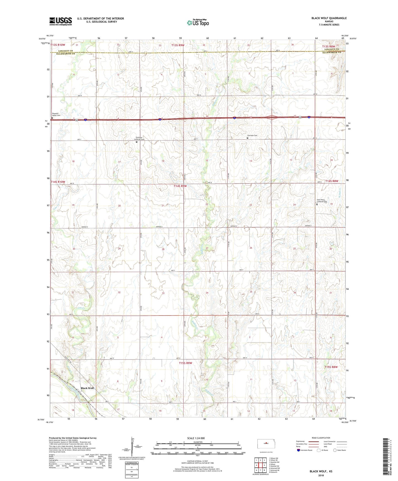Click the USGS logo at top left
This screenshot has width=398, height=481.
click(x=61, y=21)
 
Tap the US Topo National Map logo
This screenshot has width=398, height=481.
click(x=198, y=23)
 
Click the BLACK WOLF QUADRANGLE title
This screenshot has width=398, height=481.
click(x=329, y=18)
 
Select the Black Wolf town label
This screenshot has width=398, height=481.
click(x=87, y=388)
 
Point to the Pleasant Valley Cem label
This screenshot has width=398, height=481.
click(x=57, y=115)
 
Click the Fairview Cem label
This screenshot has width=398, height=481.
click(x=252, y=136)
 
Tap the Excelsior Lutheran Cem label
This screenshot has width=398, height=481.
click(x=139, y=138)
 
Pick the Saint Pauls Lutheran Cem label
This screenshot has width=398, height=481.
click(x=322, y=201)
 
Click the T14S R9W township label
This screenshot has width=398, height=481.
click(x=180, y=186)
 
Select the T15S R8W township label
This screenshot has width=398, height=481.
click(x=331, y=367)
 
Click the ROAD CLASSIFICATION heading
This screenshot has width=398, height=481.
click(x=321, y=438)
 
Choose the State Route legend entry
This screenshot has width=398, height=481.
click(x=339, y=450)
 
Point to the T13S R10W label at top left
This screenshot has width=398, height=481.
click(x=58, y=45)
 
